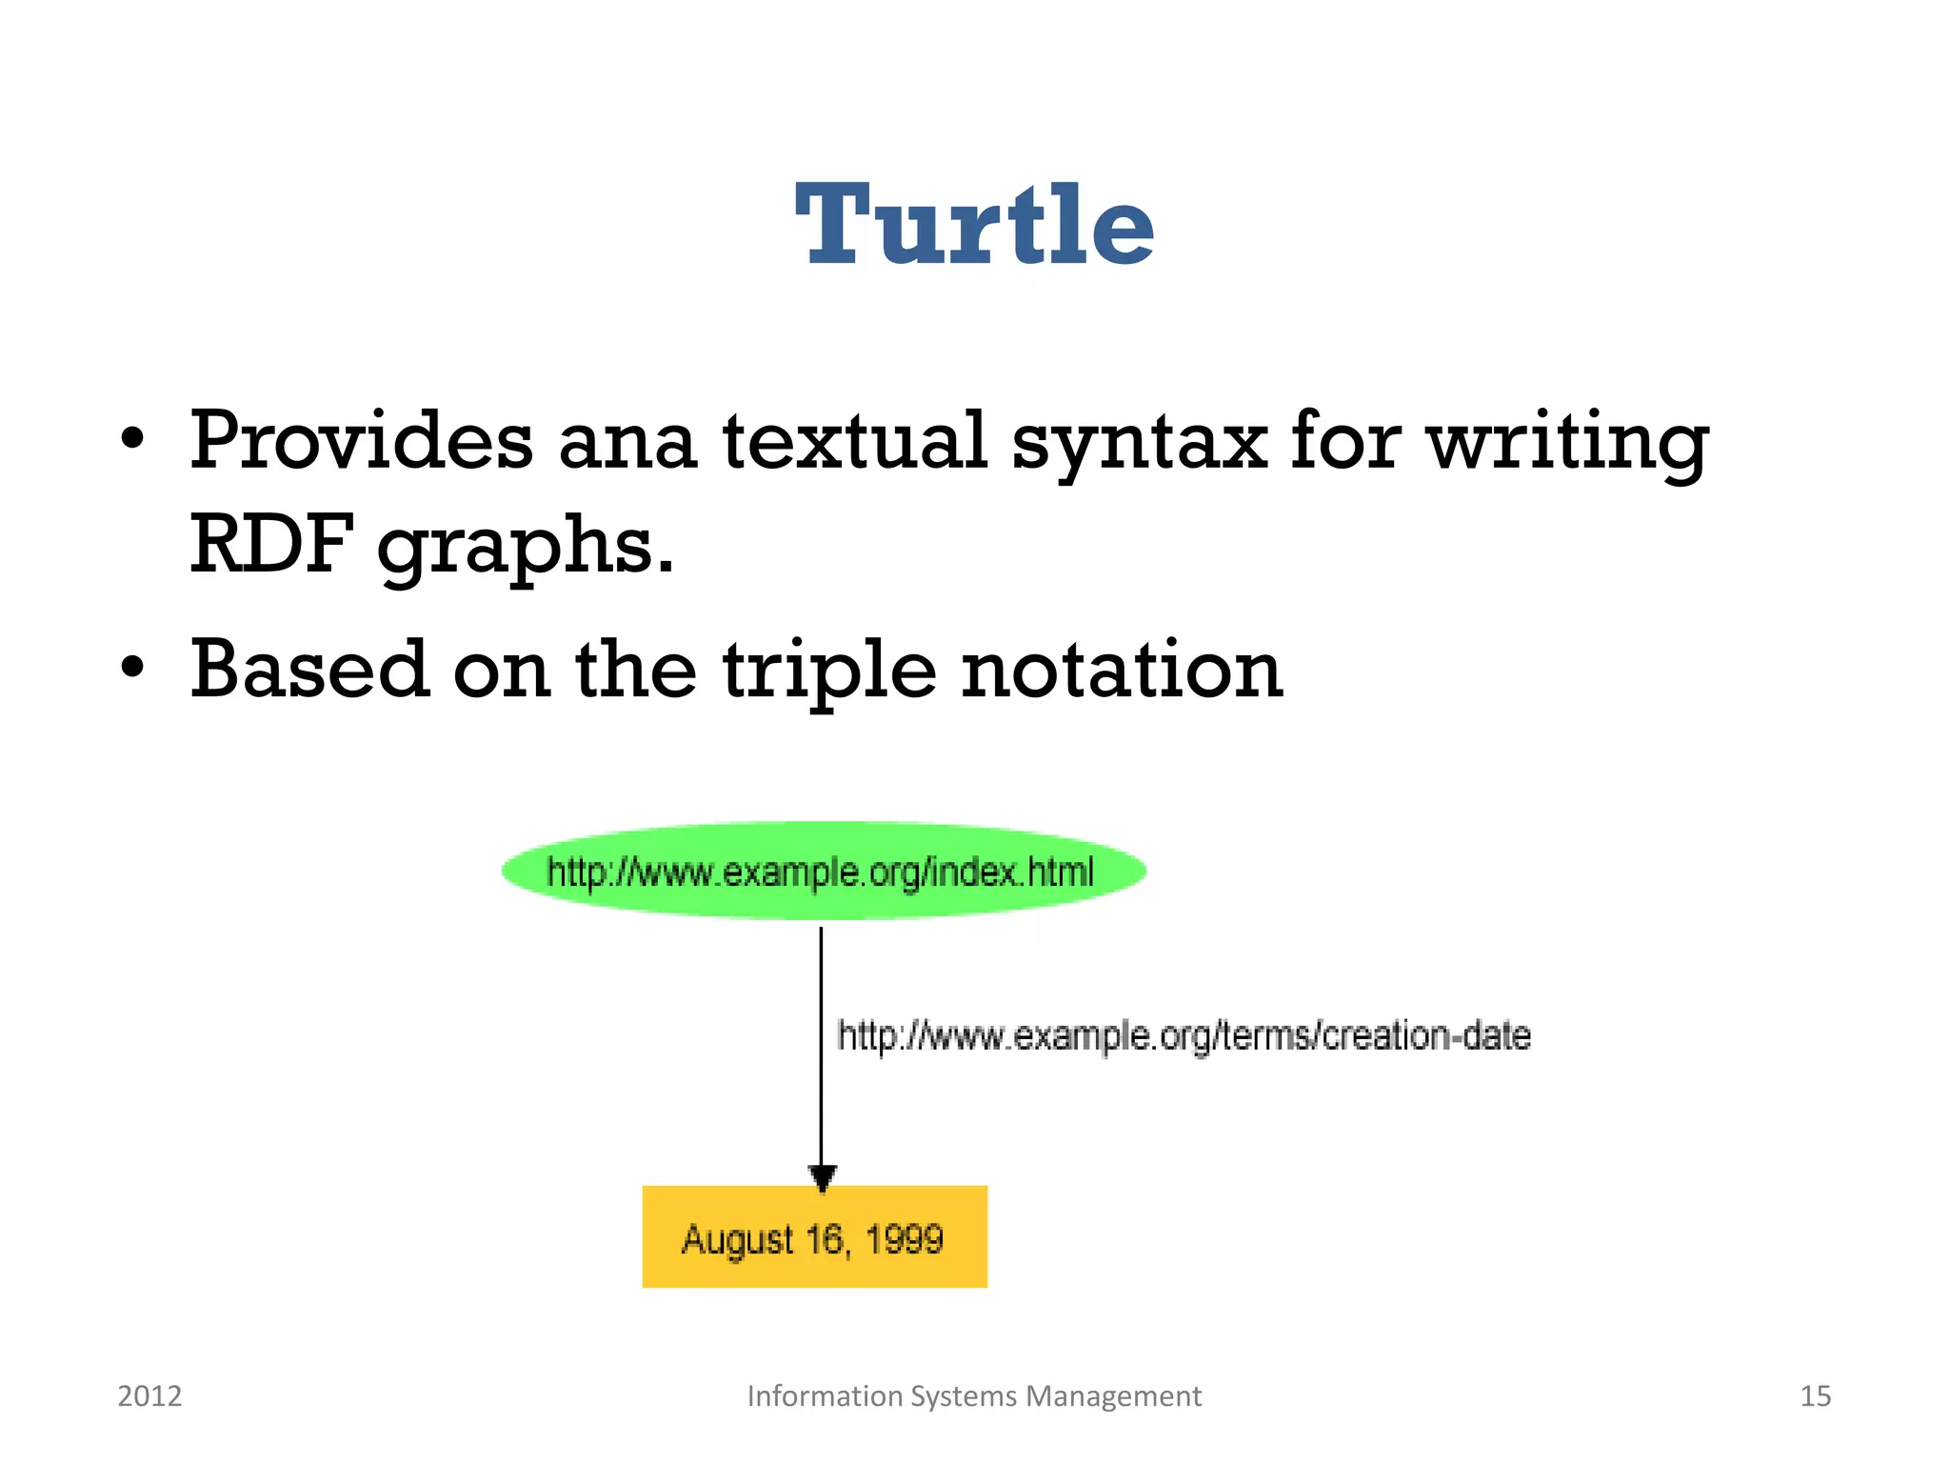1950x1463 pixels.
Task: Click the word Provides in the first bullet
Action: pyautogui.click(x=361, y=441)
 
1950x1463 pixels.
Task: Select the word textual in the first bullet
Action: pyautogui.click(x=854, y=441)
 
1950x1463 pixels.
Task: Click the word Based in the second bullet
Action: pyautogui.click(x=308, y=670)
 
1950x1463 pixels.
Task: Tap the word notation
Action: pyautogui.click(x=1122, y=670)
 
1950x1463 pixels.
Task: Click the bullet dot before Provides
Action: pyautogui.click(x=133, y=440)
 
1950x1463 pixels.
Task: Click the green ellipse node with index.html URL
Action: pyautogui.click(x=823, y=872)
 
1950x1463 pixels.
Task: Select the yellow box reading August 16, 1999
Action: pyautogui.click(x=814, y=1238)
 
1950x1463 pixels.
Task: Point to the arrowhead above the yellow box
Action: pyautogui.click(x=822, y=1177)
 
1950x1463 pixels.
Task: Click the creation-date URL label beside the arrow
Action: pyautogui.click(x=1184, y=1035)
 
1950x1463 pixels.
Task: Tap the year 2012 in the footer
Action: pyautogui.click(x=149, y=1396)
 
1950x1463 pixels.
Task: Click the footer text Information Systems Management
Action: pyautogui.click(x=974, y=1396)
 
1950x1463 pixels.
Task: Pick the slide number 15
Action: pyautogui.click(x=1815, y=1396)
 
